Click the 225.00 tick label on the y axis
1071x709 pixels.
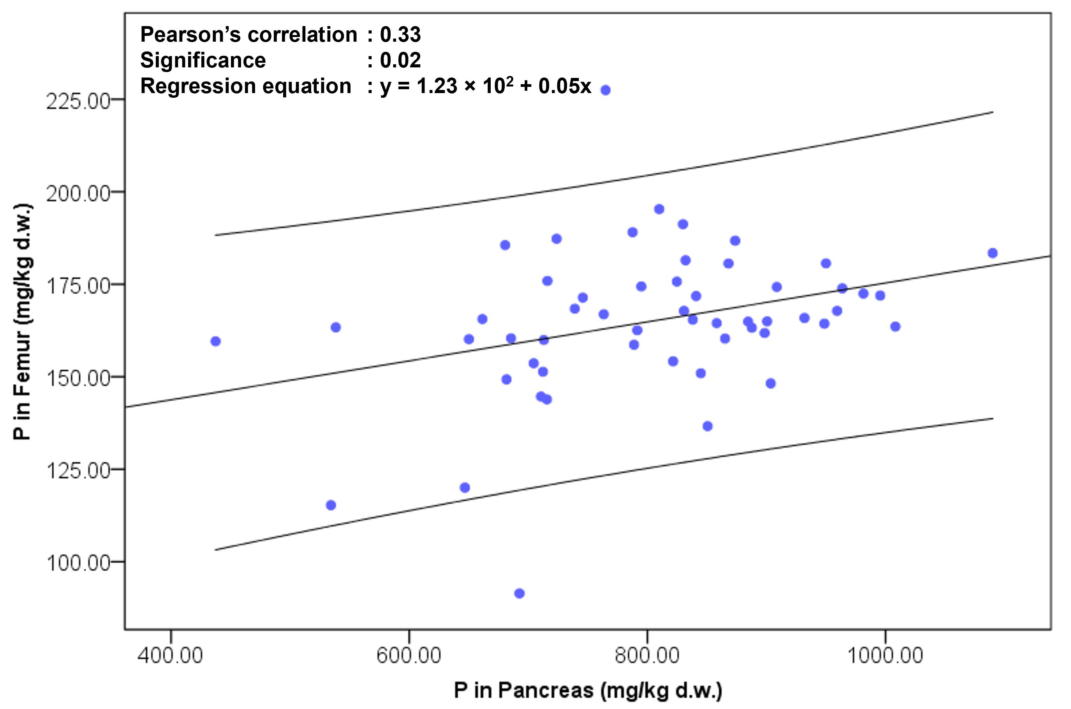tap(78, 101)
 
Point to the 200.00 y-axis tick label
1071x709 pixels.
tap(78, 194)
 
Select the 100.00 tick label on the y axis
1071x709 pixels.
tap(78, 563)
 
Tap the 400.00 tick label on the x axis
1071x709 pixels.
tap(171, 655)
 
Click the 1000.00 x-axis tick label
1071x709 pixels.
tap(885, 655)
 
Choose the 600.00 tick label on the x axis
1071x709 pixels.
tap(409, 655)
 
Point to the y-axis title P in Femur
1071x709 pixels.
tap(22, 322)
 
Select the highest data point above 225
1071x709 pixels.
tap(605, 90)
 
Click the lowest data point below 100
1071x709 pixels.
tap(520, 593)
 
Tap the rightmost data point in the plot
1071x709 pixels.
tap(992, 253)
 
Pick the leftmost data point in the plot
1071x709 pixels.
tap(216, 341)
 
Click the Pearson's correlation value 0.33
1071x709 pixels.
tap(400, 35)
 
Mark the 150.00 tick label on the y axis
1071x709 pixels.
tap(78, 379)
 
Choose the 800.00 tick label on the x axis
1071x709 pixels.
tap(647, 655)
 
